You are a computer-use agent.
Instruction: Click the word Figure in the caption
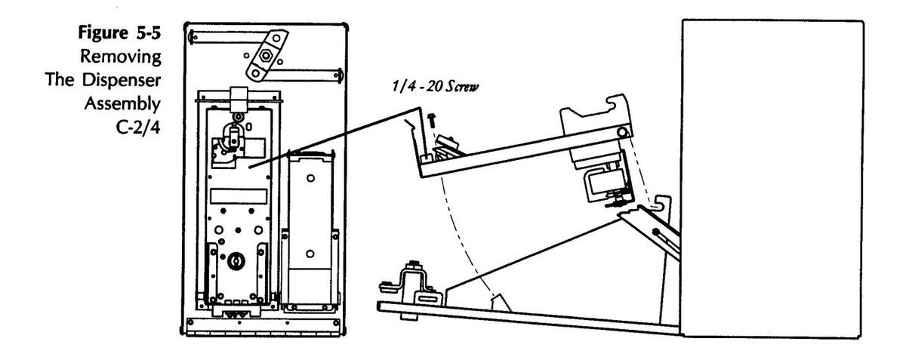103,32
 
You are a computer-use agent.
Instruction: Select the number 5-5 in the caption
149,32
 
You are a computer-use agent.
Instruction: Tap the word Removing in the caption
121,57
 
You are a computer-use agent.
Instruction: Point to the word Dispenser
122,80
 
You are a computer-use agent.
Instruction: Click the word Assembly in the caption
122,104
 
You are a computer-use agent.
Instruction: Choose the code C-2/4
138,128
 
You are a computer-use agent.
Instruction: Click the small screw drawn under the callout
432,120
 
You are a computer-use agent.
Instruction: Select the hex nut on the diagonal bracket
266,55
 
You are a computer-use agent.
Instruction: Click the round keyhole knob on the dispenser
235,261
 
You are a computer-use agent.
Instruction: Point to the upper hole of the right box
310,178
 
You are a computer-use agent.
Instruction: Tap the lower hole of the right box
310,254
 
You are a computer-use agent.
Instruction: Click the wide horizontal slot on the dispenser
239,196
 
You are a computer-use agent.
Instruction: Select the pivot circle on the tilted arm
622,132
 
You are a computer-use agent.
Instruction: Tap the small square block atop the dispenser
239,98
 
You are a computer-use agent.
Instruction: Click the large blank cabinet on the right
772,178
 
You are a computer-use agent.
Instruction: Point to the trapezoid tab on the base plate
501,303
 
